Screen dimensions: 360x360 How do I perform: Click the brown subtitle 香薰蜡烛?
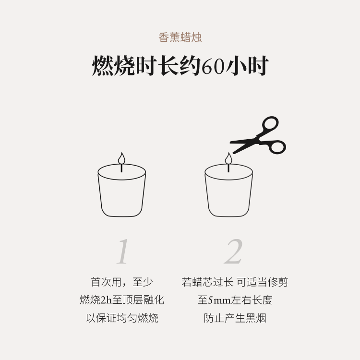[180, 37]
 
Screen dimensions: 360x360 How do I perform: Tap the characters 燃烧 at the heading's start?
[113, 66]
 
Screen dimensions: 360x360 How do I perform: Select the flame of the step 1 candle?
[121, 158]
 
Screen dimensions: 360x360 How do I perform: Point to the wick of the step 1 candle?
[121, 168]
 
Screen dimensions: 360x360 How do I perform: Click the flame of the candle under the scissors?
[228, 158]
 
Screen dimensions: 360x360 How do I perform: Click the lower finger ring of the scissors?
[277, 147]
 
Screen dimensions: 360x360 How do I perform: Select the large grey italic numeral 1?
[122, 252]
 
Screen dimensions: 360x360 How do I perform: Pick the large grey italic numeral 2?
[233, 252]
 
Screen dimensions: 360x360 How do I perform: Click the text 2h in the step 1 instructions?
[106, 300]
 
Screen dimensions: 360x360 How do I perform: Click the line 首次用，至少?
[122, 282]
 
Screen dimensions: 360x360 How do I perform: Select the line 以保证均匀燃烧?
[122, 318]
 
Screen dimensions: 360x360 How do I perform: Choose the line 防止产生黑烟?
[235, 318]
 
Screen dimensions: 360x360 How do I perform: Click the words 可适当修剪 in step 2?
[262, 282]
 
